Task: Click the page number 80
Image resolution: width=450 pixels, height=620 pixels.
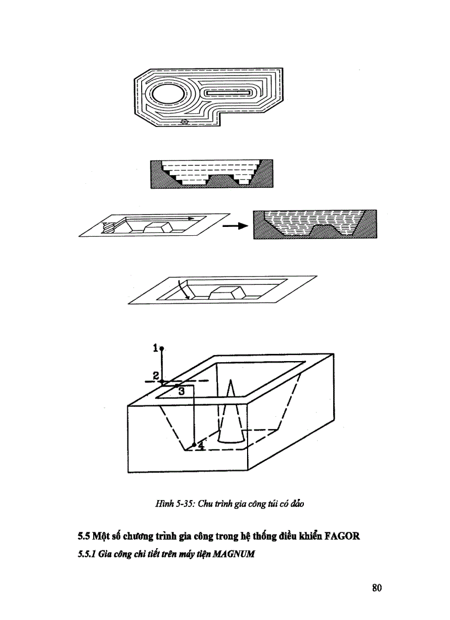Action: click(x=377, y=587)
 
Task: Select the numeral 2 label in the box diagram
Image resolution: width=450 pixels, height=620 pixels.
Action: click(x=156, y=375)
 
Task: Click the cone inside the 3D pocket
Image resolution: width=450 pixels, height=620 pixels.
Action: click(x=231, y=420)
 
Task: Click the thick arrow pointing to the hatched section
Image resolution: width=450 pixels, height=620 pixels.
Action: click(x=235, y=225)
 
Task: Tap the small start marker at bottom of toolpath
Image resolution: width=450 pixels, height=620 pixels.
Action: click(x=185, y=121)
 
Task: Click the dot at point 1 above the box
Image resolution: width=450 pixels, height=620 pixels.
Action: click(x=162, y=348)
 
